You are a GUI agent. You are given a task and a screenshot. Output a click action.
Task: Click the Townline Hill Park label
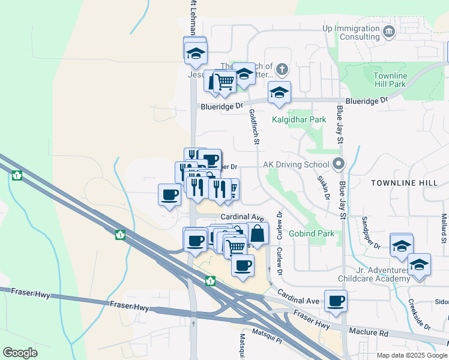coord(390,80)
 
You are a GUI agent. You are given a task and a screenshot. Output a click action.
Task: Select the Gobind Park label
coord(311,233)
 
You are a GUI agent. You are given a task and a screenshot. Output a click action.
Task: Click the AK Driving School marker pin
coord(339,164)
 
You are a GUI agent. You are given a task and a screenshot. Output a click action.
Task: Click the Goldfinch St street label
coord(255,127)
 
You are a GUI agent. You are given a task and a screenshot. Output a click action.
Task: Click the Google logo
coord(20,353)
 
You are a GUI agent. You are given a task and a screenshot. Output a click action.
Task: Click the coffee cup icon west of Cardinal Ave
coord(169,194)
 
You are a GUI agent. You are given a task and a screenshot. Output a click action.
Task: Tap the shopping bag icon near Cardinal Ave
coord(257,233)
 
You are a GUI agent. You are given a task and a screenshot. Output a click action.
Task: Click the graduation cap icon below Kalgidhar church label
coord(279,92)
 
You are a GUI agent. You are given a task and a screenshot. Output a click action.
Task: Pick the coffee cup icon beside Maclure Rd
coord(336,301)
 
